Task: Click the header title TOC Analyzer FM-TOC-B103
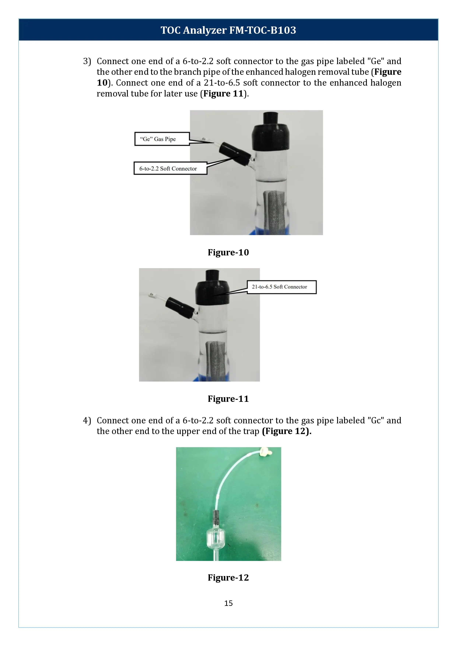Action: pyautogui.click(x=228, y=30)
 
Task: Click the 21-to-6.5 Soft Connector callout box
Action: pyautogui.click(x=281, y=287)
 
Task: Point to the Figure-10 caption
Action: pyautogui.click(x=228, y=252)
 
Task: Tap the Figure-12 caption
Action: pyautogui.click(x=228, y=578)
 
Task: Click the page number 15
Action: pyautogui.click(x=228, y=603)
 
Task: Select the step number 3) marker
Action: pyautogui.click(x=87, y=61)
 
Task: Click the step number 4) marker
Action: pyautogui.click(x=87, y=420)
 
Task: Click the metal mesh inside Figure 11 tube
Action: pyautogui.click(x=216, y=360)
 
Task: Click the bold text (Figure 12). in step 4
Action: pyautogui.click(x=286, y=431)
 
